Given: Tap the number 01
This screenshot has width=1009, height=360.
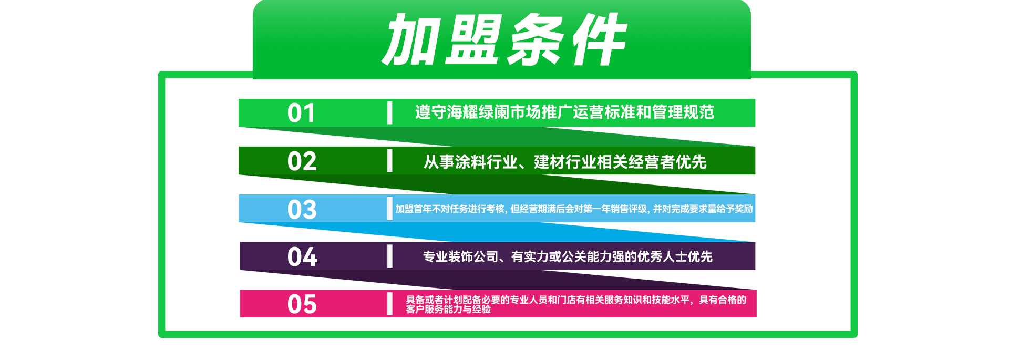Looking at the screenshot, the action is click(x=302, y=113).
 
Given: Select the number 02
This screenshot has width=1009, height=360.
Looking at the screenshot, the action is click(x=302, y=161).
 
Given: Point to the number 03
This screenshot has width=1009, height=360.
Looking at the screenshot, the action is click(x=302, y=209).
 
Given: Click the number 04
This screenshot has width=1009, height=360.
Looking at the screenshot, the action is click(x=302, y=257).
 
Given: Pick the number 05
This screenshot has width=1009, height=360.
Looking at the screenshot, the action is click(x=302, y=304).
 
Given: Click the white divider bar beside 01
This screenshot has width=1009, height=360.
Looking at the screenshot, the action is click(x=389, y=113).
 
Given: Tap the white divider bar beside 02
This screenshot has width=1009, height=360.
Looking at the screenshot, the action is click(x=389, y=161).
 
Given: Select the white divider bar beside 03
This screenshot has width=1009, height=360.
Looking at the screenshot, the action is click(x=389, y=209).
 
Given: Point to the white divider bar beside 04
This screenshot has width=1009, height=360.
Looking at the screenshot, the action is click(x=389, y=256).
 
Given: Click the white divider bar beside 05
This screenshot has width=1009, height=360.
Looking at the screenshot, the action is click(x=389, y=304).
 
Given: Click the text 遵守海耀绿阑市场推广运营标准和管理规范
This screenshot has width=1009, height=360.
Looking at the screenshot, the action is click(x=565, y=112).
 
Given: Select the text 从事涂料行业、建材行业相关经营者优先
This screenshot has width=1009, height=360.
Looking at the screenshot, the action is click(x=565, y=162).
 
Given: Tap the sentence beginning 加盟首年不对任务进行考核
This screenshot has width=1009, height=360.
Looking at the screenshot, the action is click(x=574, y=209).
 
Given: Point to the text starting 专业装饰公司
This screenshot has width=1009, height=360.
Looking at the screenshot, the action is click(x=568, y=256).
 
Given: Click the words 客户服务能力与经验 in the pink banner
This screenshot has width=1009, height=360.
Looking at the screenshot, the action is click(x=448, y=309).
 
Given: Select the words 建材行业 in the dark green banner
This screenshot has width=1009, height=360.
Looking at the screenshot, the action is click(x=565, y=162).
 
